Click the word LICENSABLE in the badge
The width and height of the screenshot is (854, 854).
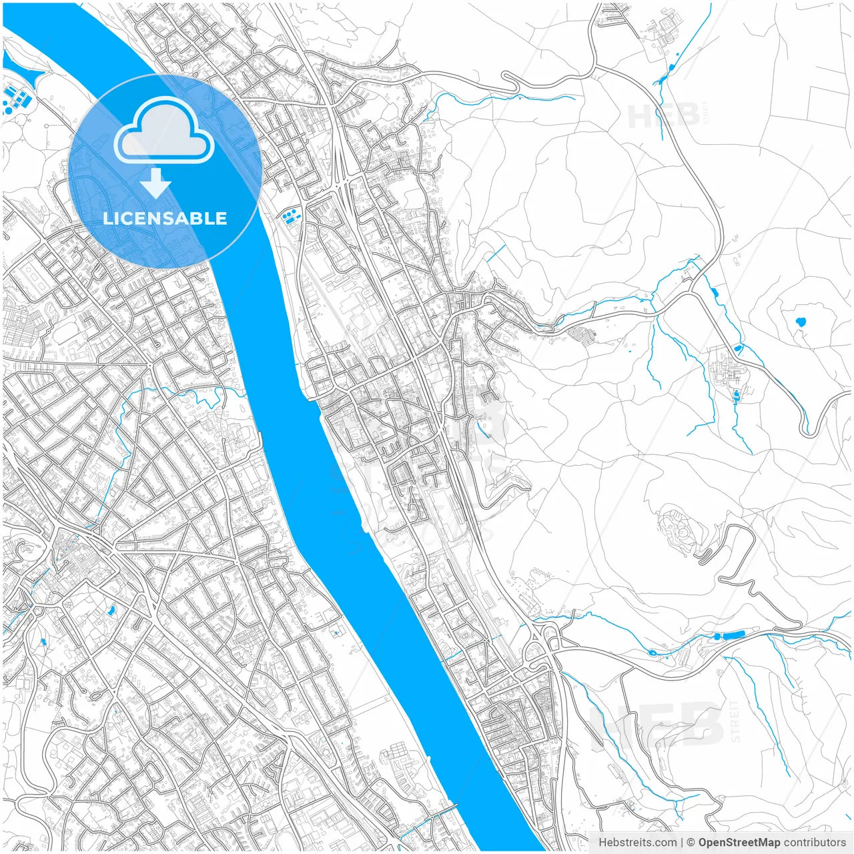[165, 218]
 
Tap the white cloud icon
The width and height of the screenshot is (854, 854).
[163, 131]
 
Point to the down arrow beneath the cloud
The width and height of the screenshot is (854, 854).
[155, 183]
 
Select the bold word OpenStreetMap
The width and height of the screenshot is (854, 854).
[739, 843]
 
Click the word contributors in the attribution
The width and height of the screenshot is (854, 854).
[815, 843]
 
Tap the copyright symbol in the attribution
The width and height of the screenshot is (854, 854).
[691, 843]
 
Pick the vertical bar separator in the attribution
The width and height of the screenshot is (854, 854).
[681, 843]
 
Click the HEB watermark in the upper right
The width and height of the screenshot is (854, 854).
[664, 116]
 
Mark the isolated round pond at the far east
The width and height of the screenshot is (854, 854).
[799, 323]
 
